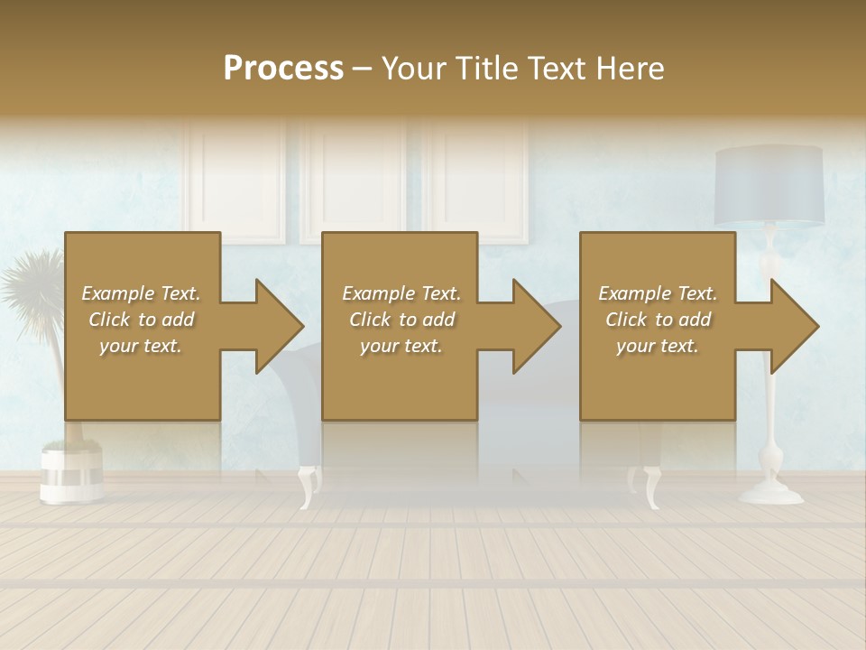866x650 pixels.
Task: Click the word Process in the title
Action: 283,69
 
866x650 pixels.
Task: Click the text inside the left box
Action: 141,319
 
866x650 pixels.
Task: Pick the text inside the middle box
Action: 401,319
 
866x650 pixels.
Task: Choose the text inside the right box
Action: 658,319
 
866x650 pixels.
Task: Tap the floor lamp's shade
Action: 769,185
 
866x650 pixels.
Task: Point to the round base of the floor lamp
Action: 771,493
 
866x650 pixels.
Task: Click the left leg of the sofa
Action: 309,486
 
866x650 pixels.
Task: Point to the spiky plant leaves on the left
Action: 32,284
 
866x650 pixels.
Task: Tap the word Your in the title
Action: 411,69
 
